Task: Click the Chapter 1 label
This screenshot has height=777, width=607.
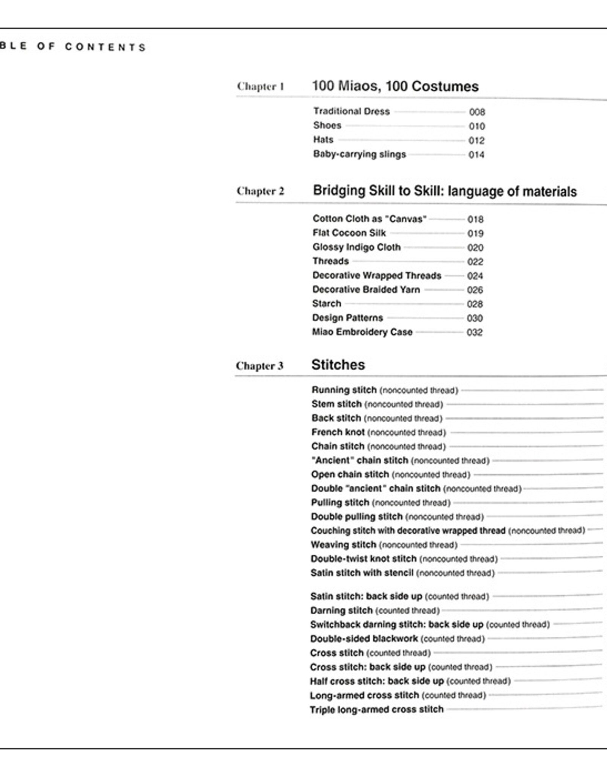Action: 260,87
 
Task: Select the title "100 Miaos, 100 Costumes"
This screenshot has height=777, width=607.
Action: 395,86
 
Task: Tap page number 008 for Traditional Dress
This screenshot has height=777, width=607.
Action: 477,112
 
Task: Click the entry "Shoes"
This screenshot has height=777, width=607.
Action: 327,126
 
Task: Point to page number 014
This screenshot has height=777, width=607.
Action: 476,155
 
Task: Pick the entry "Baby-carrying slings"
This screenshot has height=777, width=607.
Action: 359,154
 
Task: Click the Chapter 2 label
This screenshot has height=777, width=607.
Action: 260,191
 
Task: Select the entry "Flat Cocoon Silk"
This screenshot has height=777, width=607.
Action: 349,233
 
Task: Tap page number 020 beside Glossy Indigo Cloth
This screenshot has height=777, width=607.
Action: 475,248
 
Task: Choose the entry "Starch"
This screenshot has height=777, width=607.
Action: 327,304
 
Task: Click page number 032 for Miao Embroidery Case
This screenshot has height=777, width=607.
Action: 475,333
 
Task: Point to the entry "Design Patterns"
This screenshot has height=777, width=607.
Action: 348,318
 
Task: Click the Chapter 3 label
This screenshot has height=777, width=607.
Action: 259,366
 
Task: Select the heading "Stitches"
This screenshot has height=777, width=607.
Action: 338,365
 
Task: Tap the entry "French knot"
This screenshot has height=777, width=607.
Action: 338,432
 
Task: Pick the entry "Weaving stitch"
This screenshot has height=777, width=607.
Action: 344,545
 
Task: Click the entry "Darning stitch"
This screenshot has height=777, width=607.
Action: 341,610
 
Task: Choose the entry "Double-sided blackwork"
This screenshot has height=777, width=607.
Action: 364,639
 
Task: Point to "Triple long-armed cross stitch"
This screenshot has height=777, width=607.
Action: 377,709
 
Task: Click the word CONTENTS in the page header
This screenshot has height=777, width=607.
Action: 105,47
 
